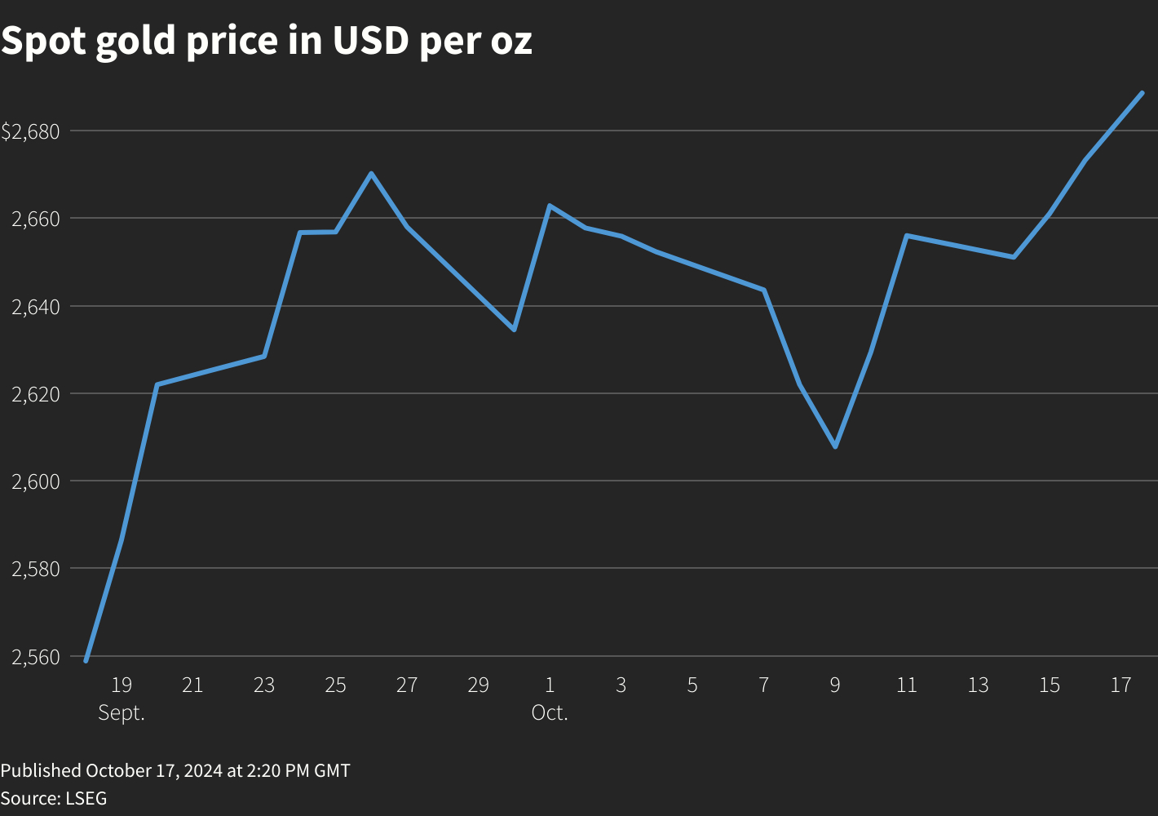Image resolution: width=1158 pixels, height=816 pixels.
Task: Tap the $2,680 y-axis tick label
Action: point(31,131)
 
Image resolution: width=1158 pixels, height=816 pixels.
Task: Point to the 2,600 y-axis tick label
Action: point(37,481)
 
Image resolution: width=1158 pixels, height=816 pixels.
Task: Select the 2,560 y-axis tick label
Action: point(37,657)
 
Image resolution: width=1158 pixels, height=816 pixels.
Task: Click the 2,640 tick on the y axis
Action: point(37,307)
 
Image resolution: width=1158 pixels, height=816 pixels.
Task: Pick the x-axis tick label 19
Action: point(122,685)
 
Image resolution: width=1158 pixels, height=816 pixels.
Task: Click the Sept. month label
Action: point(122,712)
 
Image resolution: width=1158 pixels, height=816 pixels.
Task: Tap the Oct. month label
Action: point(550,712)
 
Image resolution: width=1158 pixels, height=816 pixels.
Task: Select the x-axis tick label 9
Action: point(835,685)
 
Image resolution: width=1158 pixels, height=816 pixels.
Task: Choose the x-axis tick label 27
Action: point(407,685)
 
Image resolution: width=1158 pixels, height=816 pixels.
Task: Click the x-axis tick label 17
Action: point(1120,685)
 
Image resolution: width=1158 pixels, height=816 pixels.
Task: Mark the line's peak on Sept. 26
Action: point(371,173)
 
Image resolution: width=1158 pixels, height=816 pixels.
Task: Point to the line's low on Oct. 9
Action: point(835,446)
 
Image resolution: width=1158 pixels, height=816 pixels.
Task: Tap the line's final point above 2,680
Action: point(1142,93)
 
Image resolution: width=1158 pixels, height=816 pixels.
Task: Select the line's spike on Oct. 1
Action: point(550,206)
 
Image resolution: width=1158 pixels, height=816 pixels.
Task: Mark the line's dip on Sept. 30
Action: point(514,330)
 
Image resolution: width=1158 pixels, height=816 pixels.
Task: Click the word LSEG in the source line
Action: point(86,798)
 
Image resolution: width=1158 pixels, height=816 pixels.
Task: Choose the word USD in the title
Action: point(370,41)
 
